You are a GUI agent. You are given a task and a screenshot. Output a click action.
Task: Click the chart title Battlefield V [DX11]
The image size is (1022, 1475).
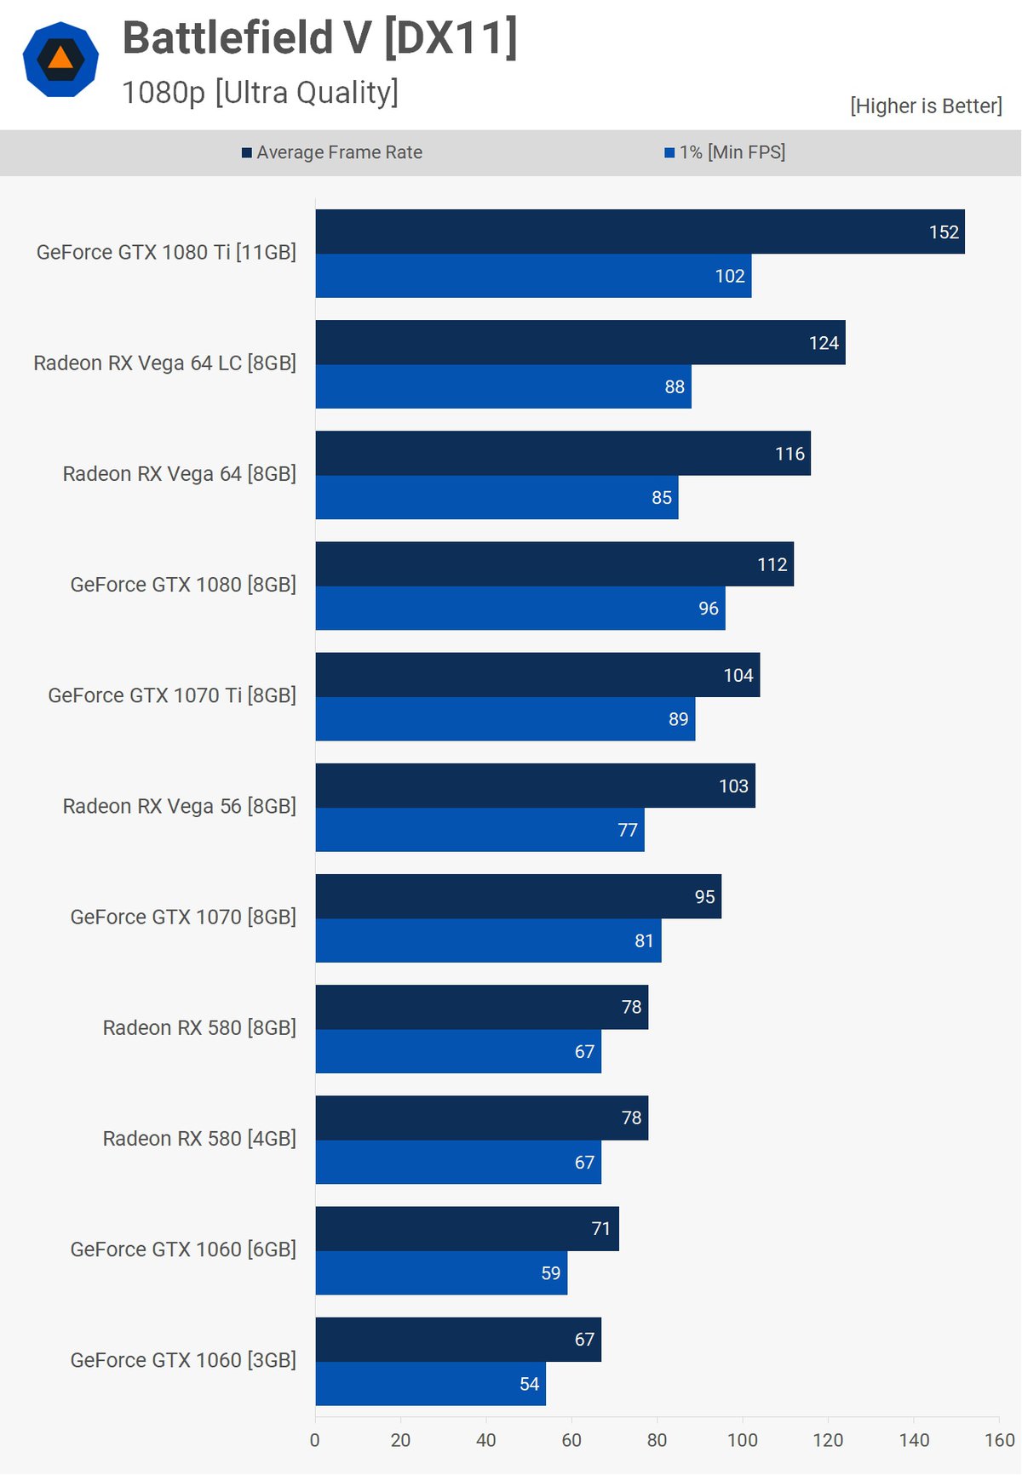pyautogui.click(x=319, y=38)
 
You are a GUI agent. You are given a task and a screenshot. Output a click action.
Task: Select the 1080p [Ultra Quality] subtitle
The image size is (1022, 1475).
pyautogui.click(x=260, y=92)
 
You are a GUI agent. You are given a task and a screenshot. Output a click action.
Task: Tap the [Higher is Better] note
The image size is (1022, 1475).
pyautogui.click(x=926, y=106)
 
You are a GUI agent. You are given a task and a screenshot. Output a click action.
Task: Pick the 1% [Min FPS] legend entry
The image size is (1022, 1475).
pyautogui.click(x=725, y=152)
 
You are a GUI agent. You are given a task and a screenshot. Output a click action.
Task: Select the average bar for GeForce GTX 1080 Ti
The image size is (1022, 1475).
pyautogui.click(x=639, y=232)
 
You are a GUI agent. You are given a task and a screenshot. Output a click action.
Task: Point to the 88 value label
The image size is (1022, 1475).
pyautogui.click(x=675, y=387)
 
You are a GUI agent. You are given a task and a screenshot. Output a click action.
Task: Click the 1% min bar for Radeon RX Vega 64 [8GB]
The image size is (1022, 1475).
pyautogui.click(x=497, y=497)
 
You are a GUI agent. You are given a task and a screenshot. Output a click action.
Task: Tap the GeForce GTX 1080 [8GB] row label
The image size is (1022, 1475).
pyautogui.click(x=183, y=585)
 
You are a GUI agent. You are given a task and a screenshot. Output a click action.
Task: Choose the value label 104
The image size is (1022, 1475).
pyautogui.click(x=738, y=676)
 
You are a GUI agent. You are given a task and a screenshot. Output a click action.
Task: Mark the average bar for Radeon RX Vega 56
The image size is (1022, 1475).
pyautogui.click(x=535, y=786)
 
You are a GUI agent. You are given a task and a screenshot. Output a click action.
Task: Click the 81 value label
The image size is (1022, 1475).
pyautogui.click(x=644, y=941)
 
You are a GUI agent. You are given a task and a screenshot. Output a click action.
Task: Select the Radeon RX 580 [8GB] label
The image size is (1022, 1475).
pyautogui.click(x=199, y=1028)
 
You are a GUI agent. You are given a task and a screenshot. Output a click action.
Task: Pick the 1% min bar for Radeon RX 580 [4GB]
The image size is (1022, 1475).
pyautogui.click(x=458, y=1162)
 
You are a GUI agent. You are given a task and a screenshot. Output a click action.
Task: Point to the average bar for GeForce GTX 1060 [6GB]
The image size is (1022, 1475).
pyautogui.click(x=467, y=1229)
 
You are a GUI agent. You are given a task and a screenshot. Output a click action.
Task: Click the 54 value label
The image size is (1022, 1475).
pyautogui.click(x=530, y=1384)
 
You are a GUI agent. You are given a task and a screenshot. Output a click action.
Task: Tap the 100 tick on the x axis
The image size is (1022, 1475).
pyautogui.click(x=743, y=1440)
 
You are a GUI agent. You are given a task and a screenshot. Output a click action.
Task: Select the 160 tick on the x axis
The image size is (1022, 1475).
pyautogui.click(x=999, y=1440)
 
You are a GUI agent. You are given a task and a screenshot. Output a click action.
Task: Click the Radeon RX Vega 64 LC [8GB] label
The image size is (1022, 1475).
pyautogui.click(x=164, y=363)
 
